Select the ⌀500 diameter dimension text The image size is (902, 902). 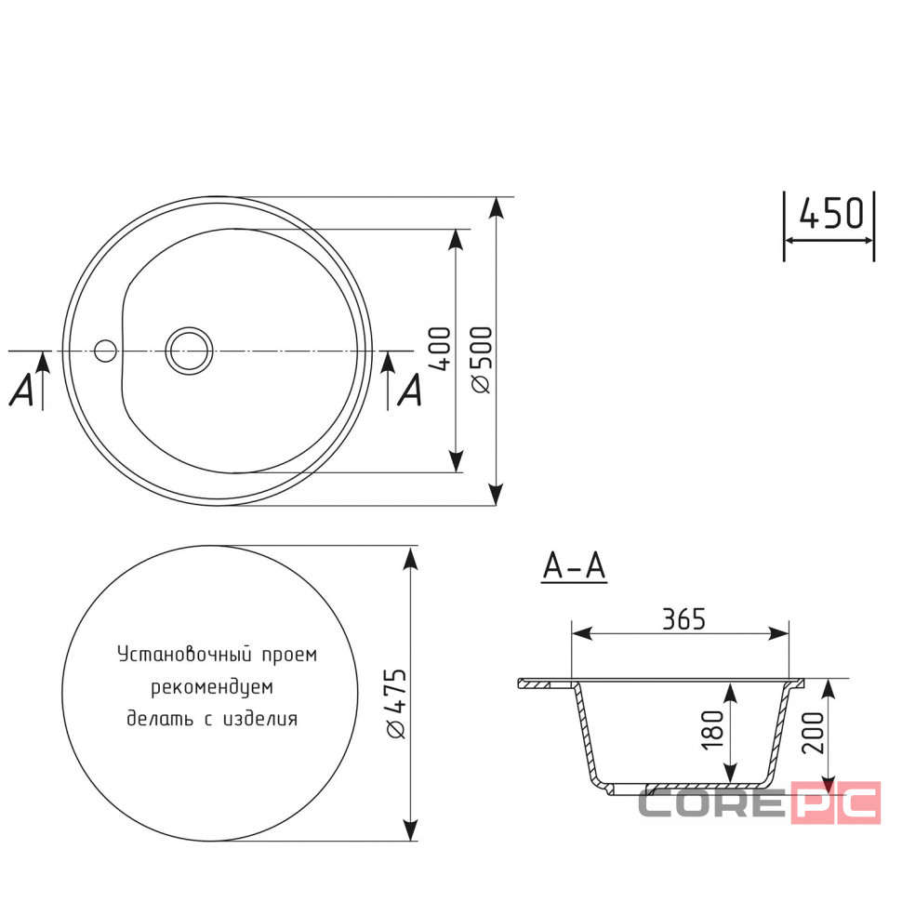482,360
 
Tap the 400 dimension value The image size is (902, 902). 441,349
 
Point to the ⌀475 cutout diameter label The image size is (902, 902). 396,703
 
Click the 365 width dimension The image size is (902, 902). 683,619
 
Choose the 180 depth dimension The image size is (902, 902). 712,730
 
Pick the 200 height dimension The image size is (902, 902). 813,733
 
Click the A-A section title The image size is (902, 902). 574,566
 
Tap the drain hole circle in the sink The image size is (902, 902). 190,351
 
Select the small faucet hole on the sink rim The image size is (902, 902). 105,351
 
